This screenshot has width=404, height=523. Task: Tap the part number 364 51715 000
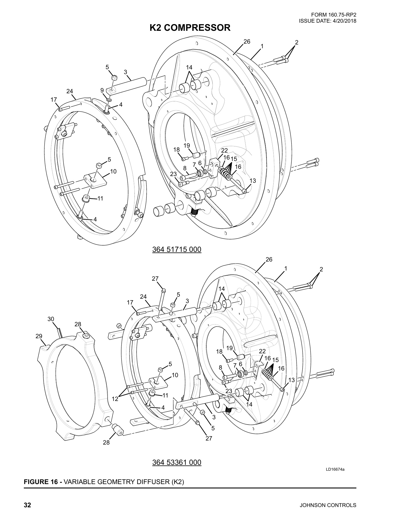point(177,250)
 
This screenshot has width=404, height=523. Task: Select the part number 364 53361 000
point(177,462)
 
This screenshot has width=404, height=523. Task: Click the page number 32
point(27,505)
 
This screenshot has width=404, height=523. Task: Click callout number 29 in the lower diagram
point(39,336)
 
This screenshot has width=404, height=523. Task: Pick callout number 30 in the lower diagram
point(51,319)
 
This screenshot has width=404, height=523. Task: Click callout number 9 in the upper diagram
point(102,90)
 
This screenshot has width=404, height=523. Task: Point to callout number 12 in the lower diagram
point(115,399)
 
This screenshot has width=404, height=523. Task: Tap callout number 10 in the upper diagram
point(113,171)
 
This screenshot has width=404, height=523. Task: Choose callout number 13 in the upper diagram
point(253,181)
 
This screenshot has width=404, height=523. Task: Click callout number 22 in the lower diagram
point(262,351)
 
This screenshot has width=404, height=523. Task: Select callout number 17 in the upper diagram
point(54,100)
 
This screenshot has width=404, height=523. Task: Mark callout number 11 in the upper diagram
point(100,199)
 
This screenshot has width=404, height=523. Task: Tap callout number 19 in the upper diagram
point(187,145)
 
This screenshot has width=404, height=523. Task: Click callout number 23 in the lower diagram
point(229,391)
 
